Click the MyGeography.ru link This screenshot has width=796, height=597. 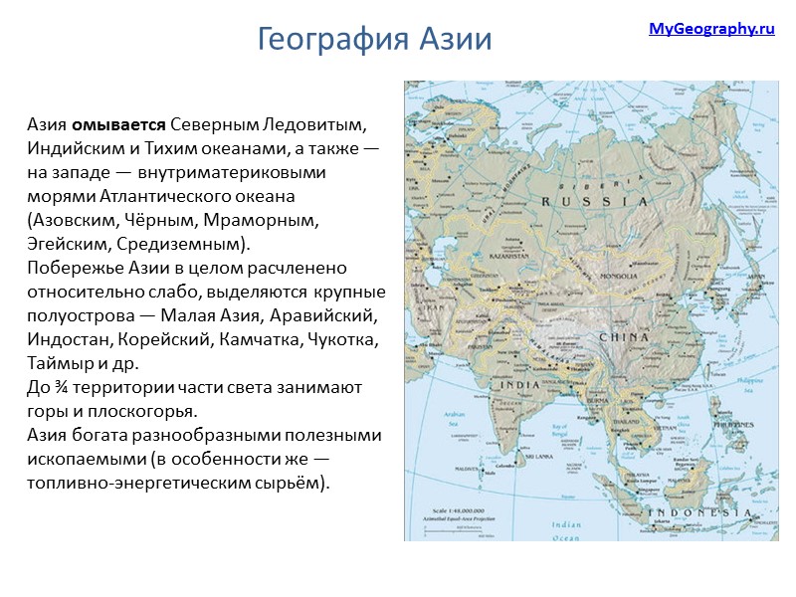pyautogui.click(x=711, y=29)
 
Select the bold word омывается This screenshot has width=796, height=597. pyautogui.click(x=118, y=127)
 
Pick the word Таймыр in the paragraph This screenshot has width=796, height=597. pyautogui.click(x=59, y=363)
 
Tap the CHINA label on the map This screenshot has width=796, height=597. pyautogui.click(x=625, y=336)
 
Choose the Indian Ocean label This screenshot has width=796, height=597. pyautogui.click(x=565, y=530)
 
